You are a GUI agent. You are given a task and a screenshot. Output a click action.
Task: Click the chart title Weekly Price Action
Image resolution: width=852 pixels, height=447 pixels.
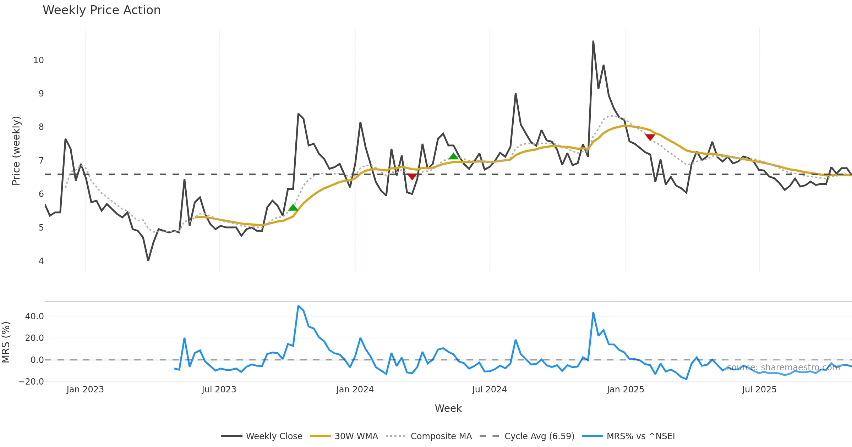102,10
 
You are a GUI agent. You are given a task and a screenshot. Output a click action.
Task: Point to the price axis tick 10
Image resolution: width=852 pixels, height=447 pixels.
39,60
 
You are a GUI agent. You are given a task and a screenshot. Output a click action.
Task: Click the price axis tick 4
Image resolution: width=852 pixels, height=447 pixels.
41,261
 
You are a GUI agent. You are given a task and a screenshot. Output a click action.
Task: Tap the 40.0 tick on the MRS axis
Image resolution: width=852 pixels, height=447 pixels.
34,316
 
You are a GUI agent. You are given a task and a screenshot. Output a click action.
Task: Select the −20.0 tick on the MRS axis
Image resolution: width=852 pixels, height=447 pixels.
31,382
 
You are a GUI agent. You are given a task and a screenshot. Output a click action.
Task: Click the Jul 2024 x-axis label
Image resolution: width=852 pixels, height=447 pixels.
489,390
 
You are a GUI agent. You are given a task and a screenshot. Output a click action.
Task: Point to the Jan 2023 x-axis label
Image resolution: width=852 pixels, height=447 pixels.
85,390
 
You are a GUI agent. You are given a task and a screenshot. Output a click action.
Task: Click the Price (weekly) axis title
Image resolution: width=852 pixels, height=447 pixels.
16,151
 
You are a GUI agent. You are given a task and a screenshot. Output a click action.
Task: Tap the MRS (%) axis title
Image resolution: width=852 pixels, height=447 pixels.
6,342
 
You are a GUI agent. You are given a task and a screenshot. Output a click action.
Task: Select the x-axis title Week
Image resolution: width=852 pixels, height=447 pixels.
448,408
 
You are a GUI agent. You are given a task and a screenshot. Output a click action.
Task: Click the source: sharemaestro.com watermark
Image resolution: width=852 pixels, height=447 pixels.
783,368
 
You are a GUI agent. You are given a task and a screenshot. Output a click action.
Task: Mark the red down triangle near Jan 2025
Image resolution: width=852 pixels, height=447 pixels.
650,137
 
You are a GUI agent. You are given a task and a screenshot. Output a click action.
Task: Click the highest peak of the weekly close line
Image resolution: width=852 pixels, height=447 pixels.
593,42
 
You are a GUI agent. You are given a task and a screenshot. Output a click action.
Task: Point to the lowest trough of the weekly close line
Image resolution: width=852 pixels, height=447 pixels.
148,260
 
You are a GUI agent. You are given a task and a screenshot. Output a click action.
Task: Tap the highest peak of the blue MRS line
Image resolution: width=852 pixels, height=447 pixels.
298,306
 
